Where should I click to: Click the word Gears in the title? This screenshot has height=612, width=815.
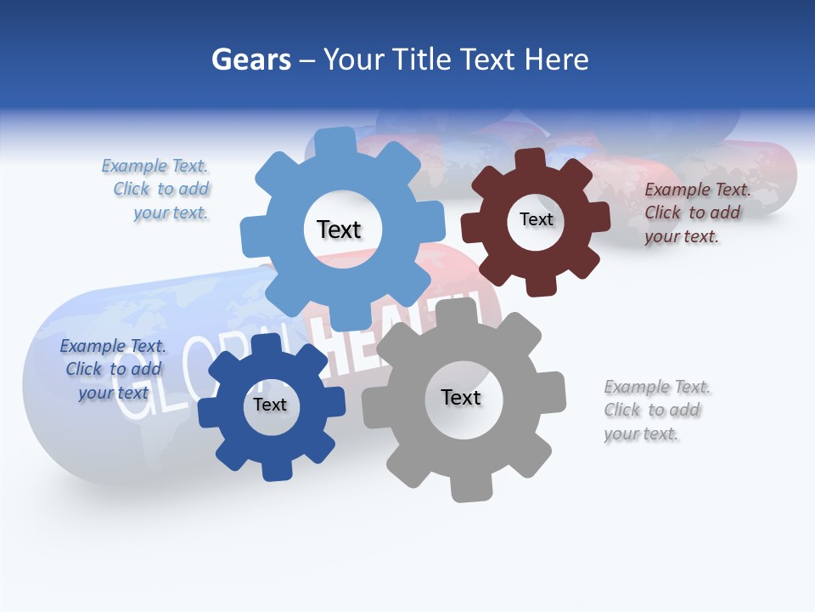(250, 59)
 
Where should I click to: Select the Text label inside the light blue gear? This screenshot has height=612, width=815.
(339, 229)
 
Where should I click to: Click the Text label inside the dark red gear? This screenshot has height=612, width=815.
(536, 219)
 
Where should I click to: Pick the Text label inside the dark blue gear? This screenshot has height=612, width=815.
(270, 405)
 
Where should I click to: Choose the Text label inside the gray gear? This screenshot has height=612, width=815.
(461, 397)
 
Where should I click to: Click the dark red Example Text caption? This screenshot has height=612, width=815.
(697, 213)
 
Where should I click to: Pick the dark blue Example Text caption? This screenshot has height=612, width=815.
(113, 369)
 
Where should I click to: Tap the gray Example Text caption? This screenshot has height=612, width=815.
(657, 411)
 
